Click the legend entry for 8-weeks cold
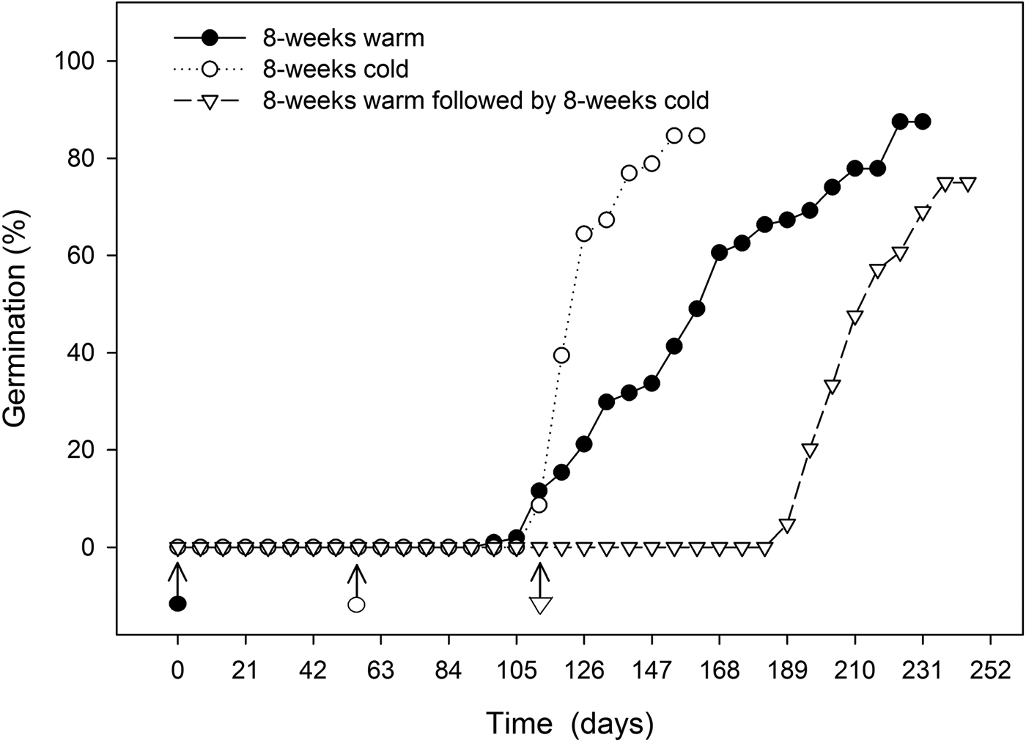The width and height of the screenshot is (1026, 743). click(x=336, y=69)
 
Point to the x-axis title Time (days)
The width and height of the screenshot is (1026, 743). click(x=569, y=723)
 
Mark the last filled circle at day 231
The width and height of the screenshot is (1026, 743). click(x=923, y=122)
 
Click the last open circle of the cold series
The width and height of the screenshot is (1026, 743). click(x=697, y=136)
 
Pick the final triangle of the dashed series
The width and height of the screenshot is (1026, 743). click(x=967, y=184)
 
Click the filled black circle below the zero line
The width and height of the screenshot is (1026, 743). click(x=177, y=604)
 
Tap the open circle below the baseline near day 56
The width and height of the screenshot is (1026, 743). click(x=356, y=605)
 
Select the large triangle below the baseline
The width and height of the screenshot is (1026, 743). click(x=540, y=605)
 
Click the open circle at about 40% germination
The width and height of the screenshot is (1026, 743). click(x=561, y=355)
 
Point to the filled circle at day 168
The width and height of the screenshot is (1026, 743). click(x=719, y=253)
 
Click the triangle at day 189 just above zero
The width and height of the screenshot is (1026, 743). click(x=787, y=525)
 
